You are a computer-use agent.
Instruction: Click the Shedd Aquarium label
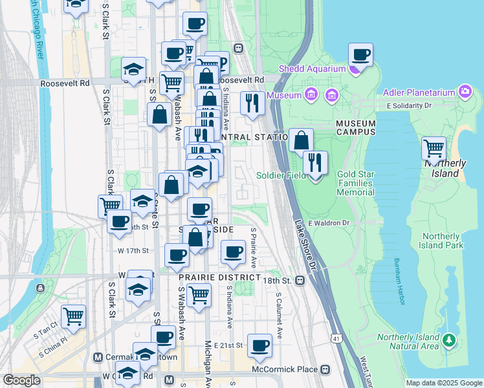click(312, 69)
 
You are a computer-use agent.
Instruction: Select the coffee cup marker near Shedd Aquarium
click(360, 56)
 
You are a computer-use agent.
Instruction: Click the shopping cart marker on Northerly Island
click(434, 149)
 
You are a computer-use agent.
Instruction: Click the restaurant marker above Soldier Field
click(315, 164)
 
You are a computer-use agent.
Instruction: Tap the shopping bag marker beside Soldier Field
click(301, 141)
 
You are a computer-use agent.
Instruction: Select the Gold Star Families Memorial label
click(355, 184)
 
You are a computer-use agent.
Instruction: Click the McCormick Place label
click(285, 369)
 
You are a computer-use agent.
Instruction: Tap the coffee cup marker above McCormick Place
click(260, 347)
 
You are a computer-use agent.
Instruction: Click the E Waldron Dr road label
click(329, 223)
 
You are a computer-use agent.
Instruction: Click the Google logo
click(21, 380)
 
